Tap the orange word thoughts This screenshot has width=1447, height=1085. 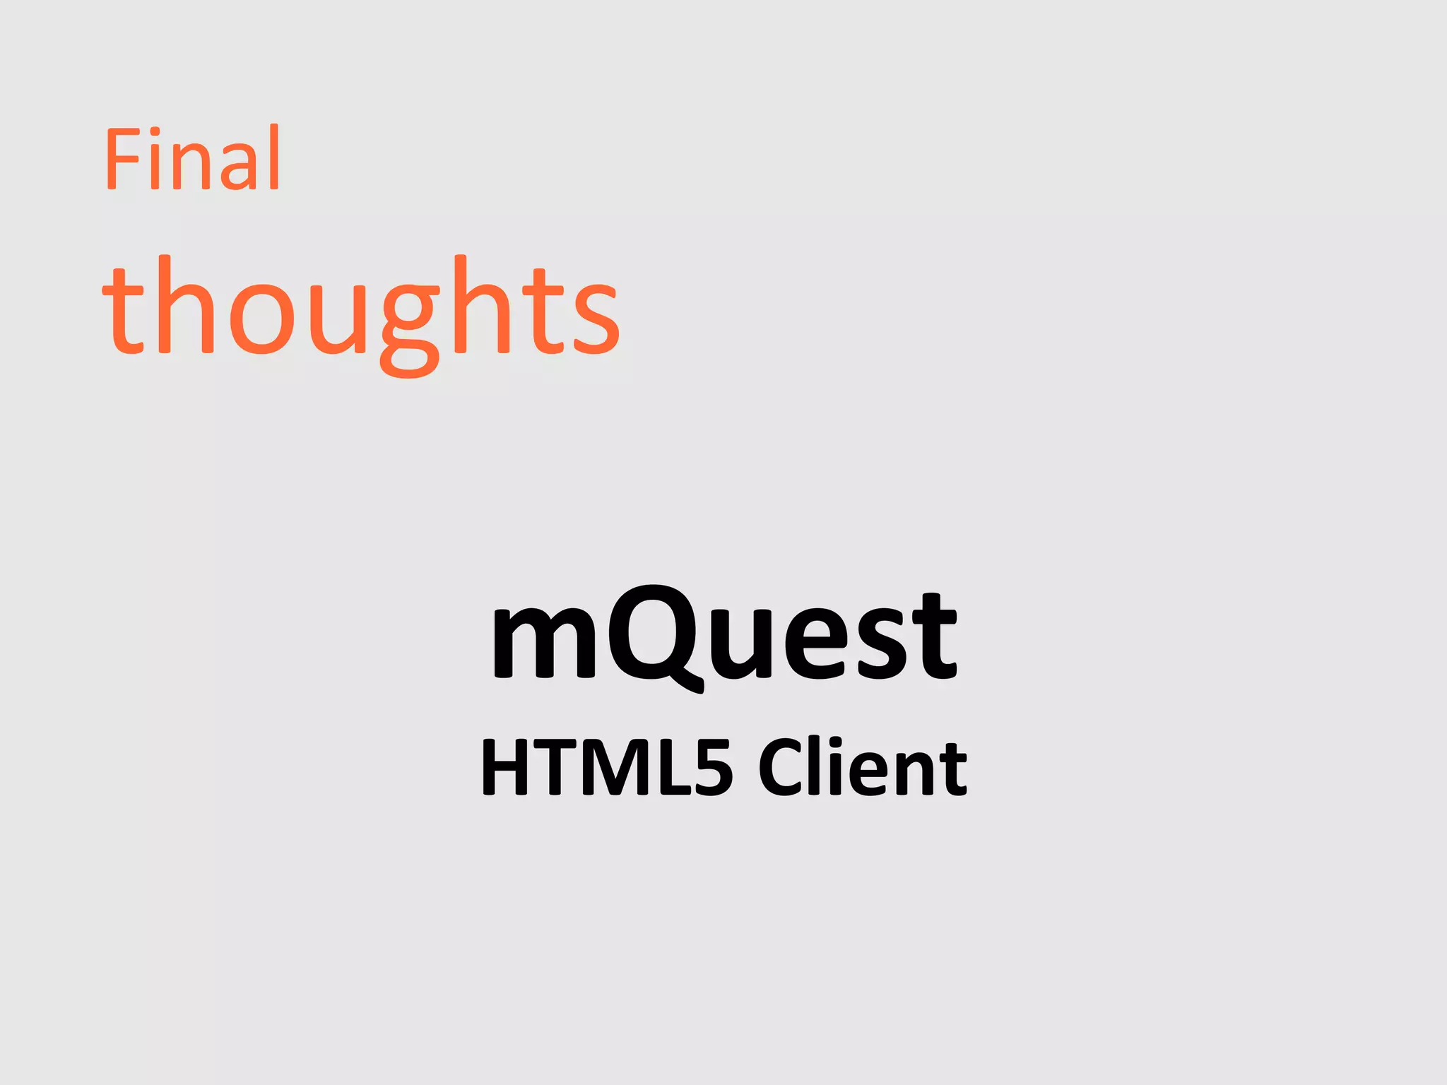[x=361, y=311]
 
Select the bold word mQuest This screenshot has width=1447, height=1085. [x=723, y=636]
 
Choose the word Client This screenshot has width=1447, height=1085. [x=862, y=768]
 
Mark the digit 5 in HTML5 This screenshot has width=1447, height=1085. [x=711, y=769]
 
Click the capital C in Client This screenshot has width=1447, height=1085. [x=781, y=769]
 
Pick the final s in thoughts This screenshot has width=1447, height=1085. [x=596, y=318]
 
